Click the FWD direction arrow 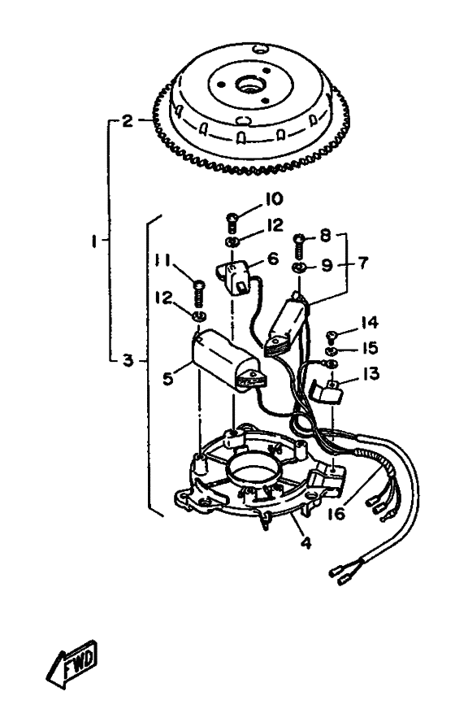pos(73,663)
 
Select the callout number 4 pos(305,542)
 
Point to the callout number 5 pos(168,378)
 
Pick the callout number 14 pos(369,323)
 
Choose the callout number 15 pos(370,348)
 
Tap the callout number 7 pos(363,263)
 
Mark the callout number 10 pos(274,199)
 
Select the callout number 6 pos(273,259)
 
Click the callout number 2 pos(128,120)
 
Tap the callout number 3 pos(128,360)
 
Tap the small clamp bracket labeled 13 pos(327,392)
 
